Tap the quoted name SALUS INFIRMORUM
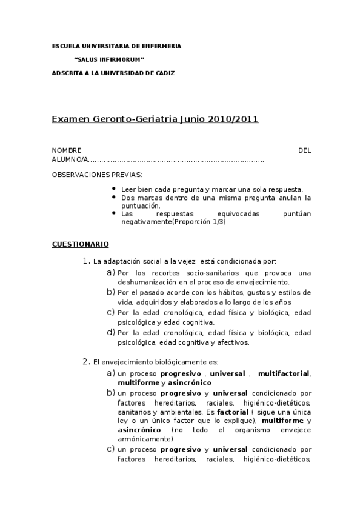coord(108,59)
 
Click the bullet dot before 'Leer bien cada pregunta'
coord(115,189)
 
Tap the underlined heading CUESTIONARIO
coord(80,244)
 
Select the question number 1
coord(85,261)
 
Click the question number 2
coord(85,362)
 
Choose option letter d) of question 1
coord(111,332)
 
